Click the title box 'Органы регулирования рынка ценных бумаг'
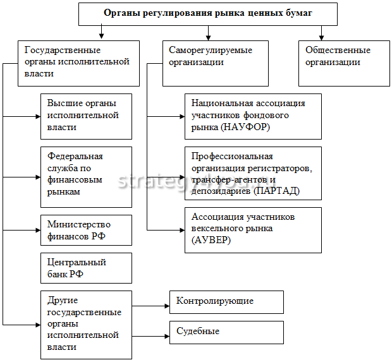pyautogui.click(x=208, y=13)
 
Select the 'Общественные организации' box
pyautogui.click(x=344, y=63)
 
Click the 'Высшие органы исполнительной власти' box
pyautogui.click(x=87, y=116)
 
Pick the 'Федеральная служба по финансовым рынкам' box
pyautogui.click(x=87, y=177)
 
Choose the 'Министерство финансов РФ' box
pyautogui.click(x=87, y=230)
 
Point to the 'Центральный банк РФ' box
pyautogui.click(x=87, y=268)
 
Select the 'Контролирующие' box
pyautogui.click(x=226, y=301)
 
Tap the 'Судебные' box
pyautogui.click(x=226, y=332)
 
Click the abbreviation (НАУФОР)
pyautogui.click(x=246, y=127)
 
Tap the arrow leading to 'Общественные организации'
pyautogui.click(x=321, y=33)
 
